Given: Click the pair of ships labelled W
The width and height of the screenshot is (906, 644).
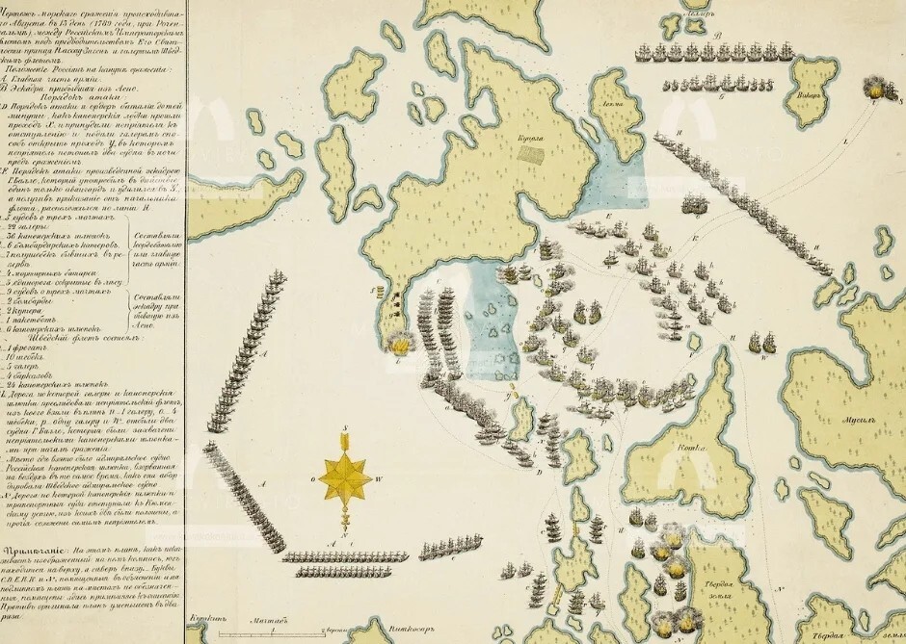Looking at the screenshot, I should pos(761,341).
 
